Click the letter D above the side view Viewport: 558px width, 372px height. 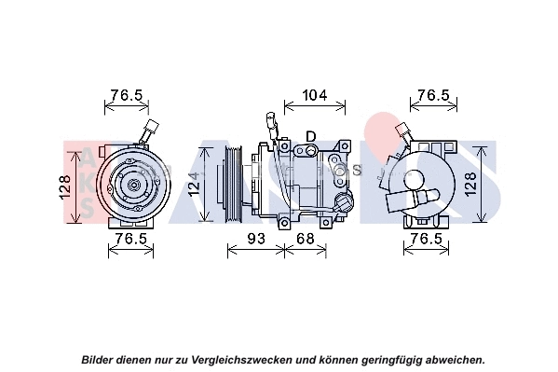[310, 137]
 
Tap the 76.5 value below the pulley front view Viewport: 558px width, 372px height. [130, 239]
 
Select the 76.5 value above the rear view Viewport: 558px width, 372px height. [433, 95]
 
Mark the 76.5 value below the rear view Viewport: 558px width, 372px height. [426, 239]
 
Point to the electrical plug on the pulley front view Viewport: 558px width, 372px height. [151, 131]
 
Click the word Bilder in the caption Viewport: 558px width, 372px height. [100, 359]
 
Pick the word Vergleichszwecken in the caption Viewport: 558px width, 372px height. [243, 359]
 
